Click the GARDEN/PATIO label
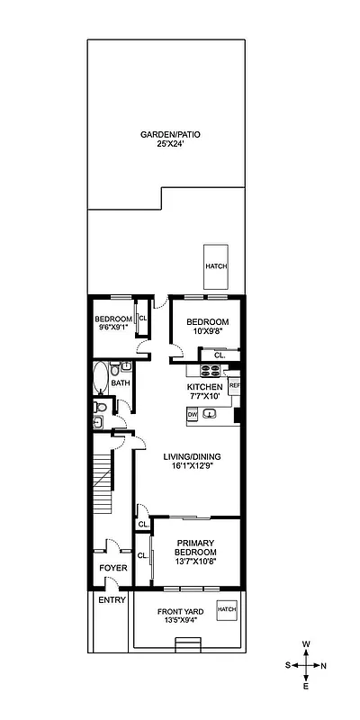[170, 134]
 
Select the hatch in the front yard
[226, 609]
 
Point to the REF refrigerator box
[234, 385]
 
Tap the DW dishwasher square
[192, 414]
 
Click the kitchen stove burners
[209, 370]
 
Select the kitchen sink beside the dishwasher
[210, 414]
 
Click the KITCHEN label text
[204, 387]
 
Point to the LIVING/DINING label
[192, 456]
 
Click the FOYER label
[112, 568]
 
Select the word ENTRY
[112, 600]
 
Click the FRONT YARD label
[181, 612]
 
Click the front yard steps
[186, 643]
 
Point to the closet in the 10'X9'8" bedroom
[219, 354]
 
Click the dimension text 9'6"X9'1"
[112, 328]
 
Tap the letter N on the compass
[324, 665]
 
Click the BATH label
[120, 383]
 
